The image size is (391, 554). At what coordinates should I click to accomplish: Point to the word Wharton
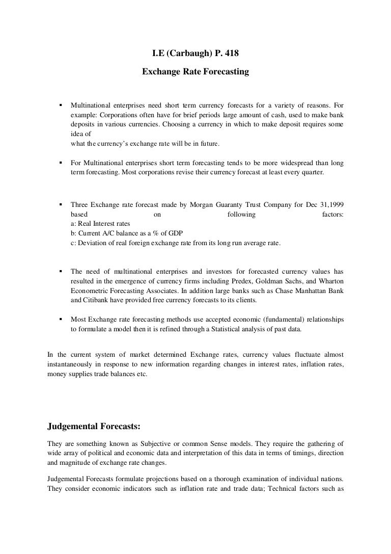pos(330,281)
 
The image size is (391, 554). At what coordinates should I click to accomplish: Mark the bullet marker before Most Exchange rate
pos(61,319)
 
